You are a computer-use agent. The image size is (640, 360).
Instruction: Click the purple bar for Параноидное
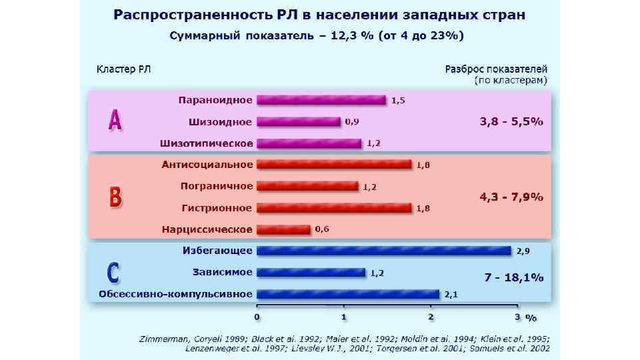(x=321, y=100)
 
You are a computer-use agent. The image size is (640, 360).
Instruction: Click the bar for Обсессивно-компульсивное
(x=348, y=293)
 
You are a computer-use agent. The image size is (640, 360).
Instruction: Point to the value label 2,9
(x=523, y=251)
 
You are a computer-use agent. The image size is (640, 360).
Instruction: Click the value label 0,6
(x=322, y=229)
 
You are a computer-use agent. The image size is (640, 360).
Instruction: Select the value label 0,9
(x=352, y=122)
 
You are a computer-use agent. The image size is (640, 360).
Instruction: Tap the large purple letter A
(x=115, y=121)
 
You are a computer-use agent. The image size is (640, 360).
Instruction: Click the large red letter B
(x=115, y=197)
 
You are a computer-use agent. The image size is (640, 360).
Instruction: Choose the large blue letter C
(x=114, y=273)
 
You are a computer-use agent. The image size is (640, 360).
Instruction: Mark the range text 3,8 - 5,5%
(x=511, y=122)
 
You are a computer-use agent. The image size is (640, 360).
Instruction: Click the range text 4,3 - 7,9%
(x=511, y=197)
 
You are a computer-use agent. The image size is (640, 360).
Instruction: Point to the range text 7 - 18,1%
(x=513, y=277)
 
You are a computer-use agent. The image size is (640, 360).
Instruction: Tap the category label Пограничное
(x=217, y=186)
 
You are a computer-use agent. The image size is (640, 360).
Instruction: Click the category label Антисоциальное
(x=207, y=165)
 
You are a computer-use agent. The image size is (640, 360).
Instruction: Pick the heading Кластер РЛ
(x=123, y=69)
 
